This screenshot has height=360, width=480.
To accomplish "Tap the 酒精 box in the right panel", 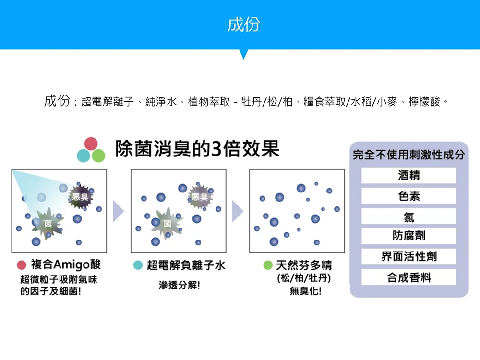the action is click(x=408, y=175).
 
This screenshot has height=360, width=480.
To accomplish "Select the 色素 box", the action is click(x=408, y=196).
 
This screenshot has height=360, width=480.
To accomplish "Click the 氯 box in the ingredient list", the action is click(x=408, y=216).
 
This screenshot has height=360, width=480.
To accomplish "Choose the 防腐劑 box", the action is click(x=408, y=236).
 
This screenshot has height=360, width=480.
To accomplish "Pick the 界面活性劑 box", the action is click(x=408, y=256).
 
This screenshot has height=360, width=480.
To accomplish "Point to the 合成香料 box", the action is click(x=408, y=277).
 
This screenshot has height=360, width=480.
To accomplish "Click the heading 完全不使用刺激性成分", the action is click(x=408, y=155).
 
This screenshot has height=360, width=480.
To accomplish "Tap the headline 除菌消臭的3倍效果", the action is click(x=197, y=149).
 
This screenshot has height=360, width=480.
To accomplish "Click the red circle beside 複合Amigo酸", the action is click(x=21, y=265).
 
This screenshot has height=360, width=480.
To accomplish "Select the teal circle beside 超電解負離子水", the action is click(x=137, y=265).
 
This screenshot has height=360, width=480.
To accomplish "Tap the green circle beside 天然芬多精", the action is click(x=268, y=265).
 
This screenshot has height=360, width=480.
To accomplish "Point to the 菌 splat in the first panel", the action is click(x=48, y=224).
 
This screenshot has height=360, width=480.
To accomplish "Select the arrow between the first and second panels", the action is click(x=118, y=211).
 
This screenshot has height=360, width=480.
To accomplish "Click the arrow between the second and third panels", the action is click(x=237, y=211).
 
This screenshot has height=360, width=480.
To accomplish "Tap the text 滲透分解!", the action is click(x=180, y=286).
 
